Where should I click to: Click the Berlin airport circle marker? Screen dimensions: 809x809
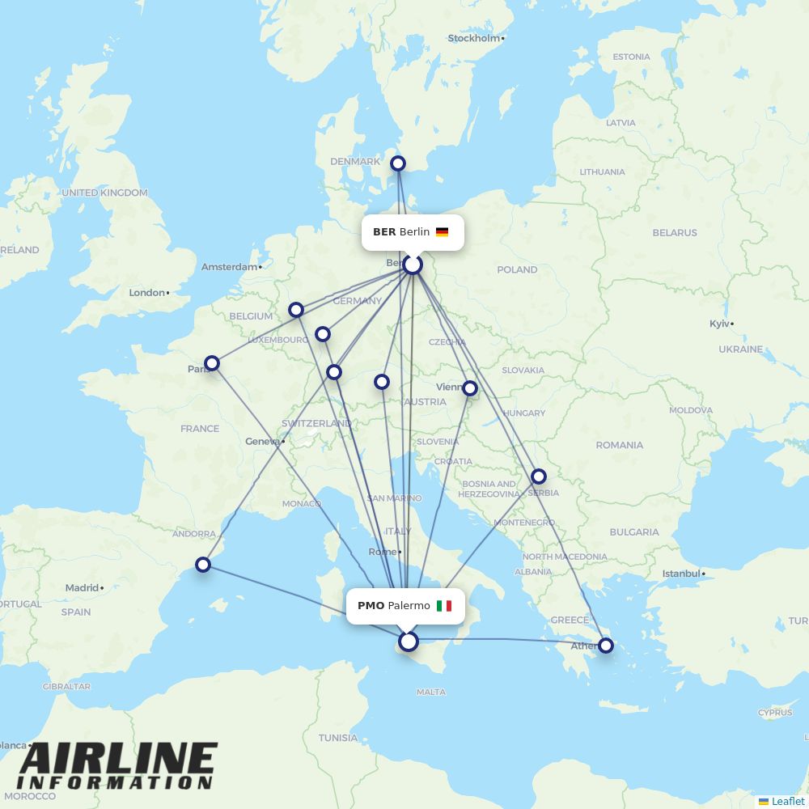[x=413, y=265]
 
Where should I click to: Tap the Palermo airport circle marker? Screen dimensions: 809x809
[x=409, y=642]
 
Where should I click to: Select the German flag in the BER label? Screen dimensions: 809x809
[x=442, y=232]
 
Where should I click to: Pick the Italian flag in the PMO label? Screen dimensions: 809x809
[x=443, y=606]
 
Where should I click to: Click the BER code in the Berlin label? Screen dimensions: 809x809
[x=384, y=232]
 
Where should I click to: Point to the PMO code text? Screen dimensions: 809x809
[x=371, y=606]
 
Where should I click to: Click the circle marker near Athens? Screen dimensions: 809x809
[x=605, y=646]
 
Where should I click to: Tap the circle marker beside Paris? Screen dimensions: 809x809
[x=212, y=363]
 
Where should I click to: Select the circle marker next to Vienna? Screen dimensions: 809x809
[x=470, y=388]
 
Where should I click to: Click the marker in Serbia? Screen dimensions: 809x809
[x=539, y=477]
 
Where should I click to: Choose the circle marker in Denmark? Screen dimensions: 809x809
[x=398, y=163]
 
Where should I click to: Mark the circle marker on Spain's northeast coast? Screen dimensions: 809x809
[x=203, y=565]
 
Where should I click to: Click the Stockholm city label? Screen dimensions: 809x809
[x=475, y=38]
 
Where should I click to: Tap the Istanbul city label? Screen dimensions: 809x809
[x=682, y=574]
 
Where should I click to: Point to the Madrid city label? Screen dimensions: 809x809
[x=82, y=588]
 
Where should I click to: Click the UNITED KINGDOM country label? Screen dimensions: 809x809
[x=104, y=193]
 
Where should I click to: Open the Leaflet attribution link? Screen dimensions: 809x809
[x=787, y=801]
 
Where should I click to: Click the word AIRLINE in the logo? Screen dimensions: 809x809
[x=118, y=760]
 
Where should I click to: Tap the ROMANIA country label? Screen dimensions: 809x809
[x=619, y=445]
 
